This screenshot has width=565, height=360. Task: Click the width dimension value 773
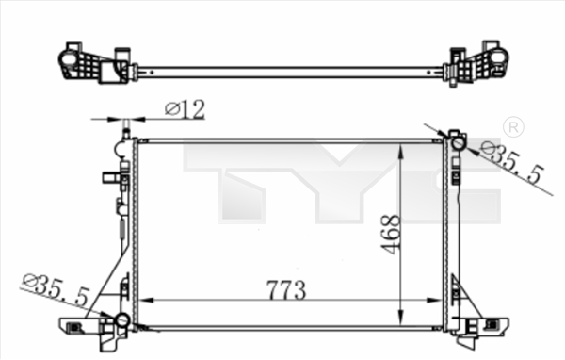285,290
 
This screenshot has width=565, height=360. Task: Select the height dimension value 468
392,233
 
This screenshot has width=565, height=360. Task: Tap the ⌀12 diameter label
185,109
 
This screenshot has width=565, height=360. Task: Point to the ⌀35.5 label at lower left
56,290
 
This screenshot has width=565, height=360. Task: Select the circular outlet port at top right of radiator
457,143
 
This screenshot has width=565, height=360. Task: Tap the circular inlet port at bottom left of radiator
121,321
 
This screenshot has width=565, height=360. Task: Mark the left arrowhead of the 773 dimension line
145,301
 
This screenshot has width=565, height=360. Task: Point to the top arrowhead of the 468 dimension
403,151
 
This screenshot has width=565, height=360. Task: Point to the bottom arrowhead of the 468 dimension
403,319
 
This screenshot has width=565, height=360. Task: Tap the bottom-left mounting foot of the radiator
88,326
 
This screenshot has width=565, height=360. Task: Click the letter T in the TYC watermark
235,184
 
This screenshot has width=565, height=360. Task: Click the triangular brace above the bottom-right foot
460,297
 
